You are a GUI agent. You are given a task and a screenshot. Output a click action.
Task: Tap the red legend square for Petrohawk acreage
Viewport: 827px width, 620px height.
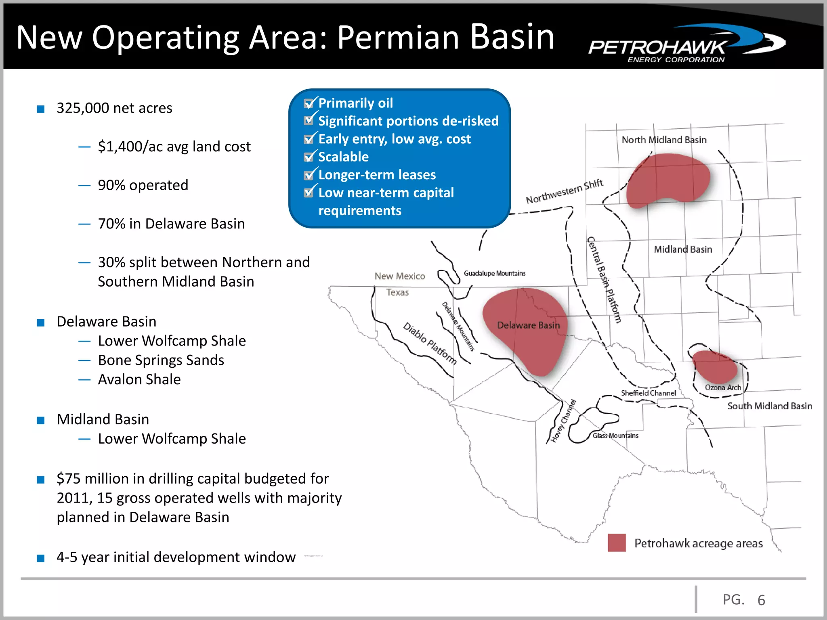click(617, 542)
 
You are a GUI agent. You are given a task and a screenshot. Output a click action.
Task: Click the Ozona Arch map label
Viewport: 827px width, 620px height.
click(723, 387)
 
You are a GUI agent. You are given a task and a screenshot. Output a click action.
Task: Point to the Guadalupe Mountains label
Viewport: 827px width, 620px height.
click(494, 273)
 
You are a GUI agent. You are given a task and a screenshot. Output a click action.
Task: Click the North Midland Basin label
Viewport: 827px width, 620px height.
click(664, 140)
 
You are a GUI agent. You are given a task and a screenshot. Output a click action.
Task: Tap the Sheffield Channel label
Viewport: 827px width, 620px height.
click(648, 393)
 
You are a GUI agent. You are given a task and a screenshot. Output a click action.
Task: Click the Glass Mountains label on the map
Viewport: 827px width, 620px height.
click(615, 436)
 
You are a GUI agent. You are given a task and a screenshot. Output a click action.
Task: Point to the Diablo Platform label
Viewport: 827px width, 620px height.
click(430, 344)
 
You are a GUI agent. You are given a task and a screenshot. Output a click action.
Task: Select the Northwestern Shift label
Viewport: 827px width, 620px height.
click(564, 192)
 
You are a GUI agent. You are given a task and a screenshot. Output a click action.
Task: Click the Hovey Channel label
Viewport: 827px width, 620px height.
click(564, 421)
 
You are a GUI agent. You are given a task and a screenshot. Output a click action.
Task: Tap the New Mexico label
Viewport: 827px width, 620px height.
click(399, 276)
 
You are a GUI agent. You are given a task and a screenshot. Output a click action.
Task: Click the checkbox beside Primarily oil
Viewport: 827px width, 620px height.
click(309, 104)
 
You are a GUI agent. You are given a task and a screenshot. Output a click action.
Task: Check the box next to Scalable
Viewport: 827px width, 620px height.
click(309, 157)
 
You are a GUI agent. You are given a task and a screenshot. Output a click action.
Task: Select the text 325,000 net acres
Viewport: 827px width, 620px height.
click(114, 108)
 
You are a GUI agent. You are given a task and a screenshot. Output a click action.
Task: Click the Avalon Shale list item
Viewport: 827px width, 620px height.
click(139, 379)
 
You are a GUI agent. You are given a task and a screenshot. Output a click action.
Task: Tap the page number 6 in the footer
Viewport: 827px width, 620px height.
click(761, 600)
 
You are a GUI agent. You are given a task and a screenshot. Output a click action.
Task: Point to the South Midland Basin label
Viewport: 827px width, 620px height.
click(769, 406)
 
